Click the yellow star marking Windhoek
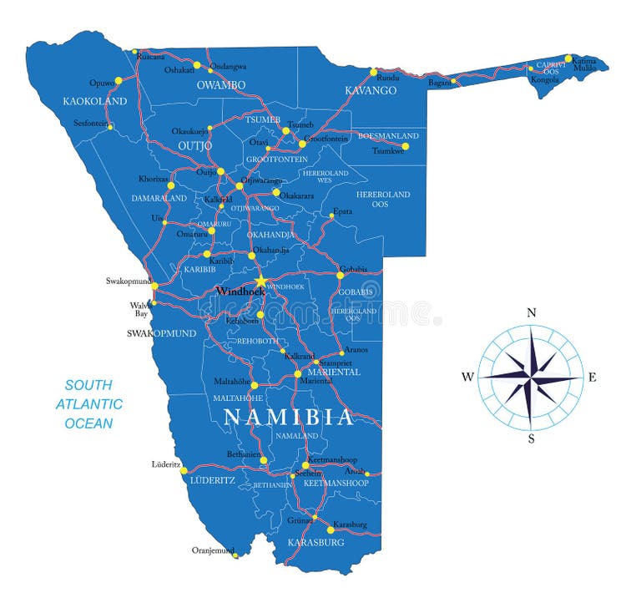click(x=260, y=281)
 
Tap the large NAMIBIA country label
click(x=289, y=417)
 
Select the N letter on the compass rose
click(x=531, y=313)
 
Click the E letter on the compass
click(x=593, y=378)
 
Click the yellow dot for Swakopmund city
click(x=154, y=286)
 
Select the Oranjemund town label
click(x=213, y=550)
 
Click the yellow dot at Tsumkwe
click(x=405, y=146)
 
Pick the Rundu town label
click(x=388, y=78)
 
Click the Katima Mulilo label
click(x=583, y=63)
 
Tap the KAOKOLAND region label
click(x=95, y=102)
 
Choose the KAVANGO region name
click(x=371, y=90)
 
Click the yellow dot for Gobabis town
click(x=340, y=275)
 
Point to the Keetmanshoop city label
click(x=332, y=460)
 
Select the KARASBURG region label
click(x=315, y=543)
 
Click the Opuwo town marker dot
click(x=118, y=81)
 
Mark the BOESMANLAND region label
click(x=388, y=136)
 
